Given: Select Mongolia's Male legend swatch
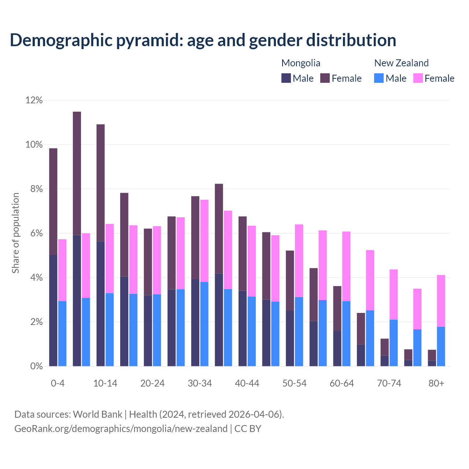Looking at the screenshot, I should [286, 78].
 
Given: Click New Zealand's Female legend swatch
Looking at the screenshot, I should [418, 78].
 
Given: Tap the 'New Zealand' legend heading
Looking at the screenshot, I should [401, 63].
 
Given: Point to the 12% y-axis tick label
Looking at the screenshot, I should [34, 100].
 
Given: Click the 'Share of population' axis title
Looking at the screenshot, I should [15, 233].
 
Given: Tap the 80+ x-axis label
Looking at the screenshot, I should [436, 383].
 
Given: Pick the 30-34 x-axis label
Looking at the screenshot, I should [200, 383].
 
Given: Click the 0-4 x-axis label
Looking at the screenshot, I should [58, 383].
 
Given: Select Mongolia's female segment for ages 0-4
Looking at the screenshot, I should [53, 202].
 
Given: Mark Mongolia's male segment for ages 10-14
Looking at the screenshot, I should [100, 303].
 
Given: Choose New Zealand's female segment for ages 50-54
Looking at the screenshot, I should [299, 261].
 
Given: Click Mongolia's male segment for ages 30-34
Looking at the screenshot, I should [195, 322].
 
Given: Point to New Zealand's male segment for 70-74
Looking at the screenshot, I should [394, 343].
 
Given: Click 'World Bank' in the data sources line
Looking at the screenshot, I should [97, 414].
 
